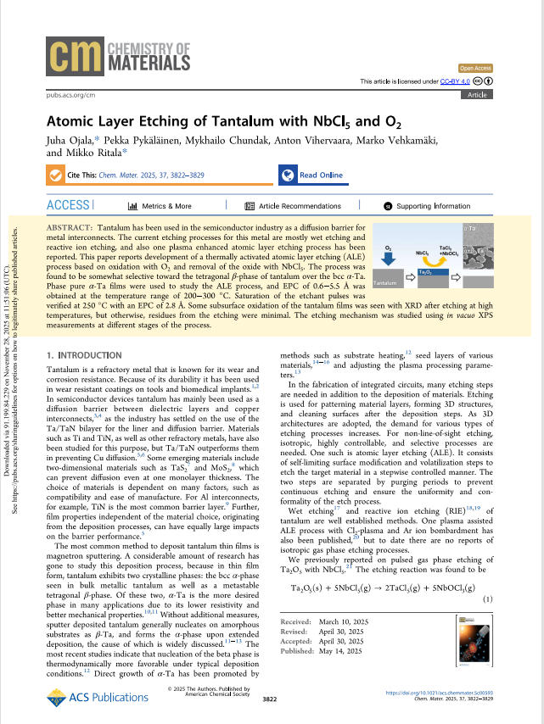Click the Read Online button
click(x=311, y=175)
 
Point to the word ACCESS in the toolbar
click(x=69, y=205)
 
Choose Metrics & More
click(x=160, y=206)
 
